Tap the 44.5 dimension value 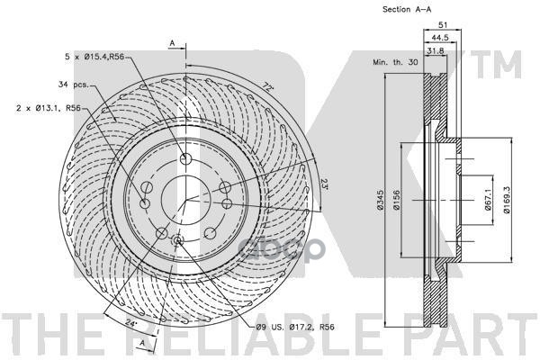(439, 37)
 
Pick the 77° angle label (267, 87)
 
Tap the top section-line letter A (171, 42)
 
